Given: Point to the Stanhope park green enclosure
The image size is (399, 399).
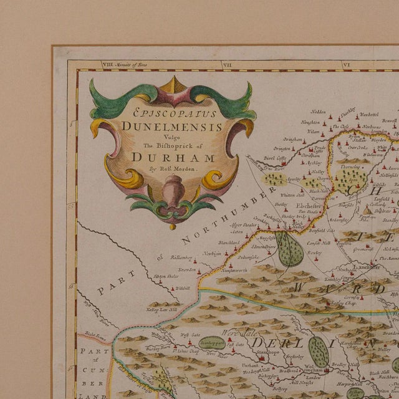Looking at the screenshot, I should [x=212, y=342].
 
